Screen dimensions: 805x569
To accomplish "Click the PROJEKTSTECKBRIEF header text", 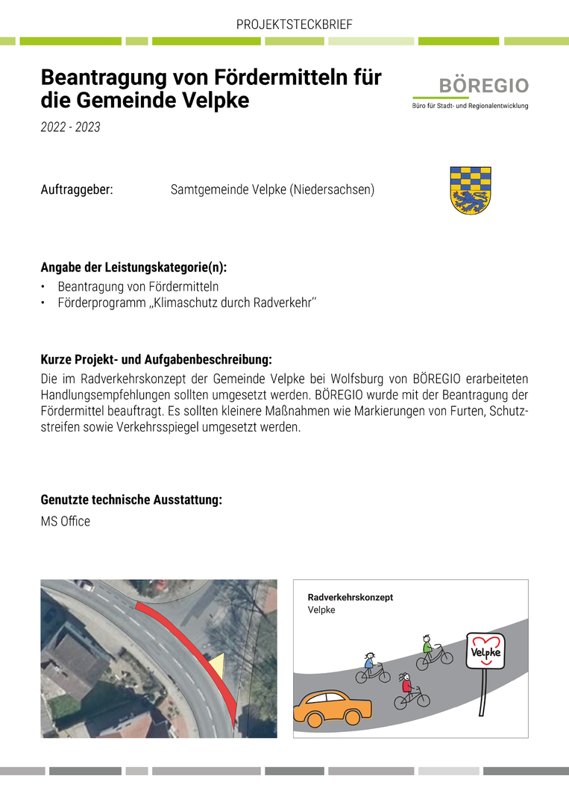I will pos(294,25).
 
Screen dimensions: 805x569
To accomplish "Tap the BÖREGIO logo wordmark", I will pos(483,86).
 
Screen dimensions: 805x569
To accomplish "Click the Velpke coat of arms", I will pos(470,190).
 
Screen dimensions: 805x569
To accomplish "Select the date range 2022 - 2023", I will pos(70,127).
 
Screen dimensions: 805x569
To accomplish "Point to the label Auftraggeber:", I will pos(77,190).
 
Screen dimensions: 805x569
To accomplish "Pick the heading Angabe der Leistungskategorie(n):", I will pos(133,268).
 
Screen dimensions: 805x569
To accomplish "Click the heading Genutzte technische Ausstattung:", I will pos(131,500).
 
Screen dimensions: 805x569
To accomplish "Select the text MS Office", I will pos(66,522).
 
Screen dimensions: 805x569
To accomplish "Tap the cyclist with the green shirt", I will pos(434,651).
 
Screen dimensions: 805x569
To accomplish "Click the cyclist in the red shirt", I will pos(411,692).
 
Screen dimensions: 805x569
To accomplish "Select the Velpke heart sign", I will pos(484,653).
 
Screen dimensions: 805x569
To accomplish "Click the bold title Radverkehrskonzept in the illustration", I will pos(350,598).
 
